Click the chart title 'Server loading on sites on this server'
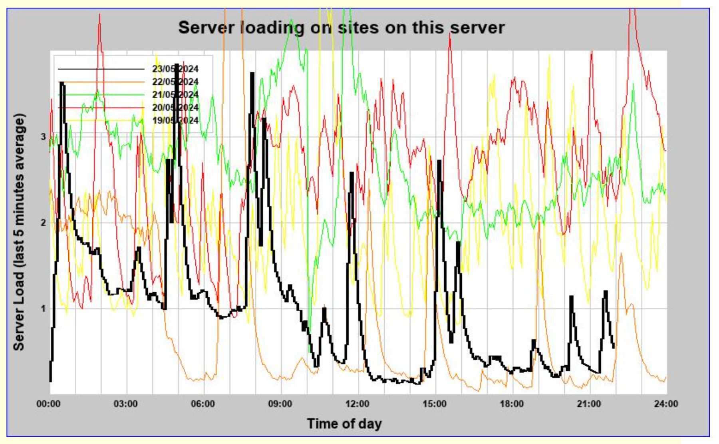pos(341,28)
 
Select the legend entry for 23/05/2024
pos(175,69)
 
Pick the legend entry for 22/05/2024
pos(175,82)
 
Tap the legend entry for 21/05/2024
pos(175,95)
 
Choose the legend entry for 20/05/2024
pos(175,108)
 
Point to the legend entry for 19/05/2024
pos(175,120)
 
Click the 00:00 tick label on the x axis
pos(48,404)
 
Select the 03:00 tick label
pos(125,404)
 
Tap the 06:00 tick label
pos(203,404)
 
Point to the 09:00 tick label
pos(280,404)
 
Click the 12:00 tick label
pos(357,404)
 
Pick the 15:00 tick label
pos(435,404)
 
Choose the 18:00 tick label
pos(512,404)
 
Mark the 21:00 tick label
pos(589,404)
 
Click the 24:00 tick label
pos(666,404)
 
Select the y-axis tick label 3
pos(43,137)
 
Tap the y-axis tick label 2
pos(43,223)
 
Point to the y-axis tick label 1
pos(43,309)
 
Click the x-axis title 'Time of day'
pos(344,424)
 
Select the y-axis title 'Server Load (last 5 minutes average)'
pos(19,232)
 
